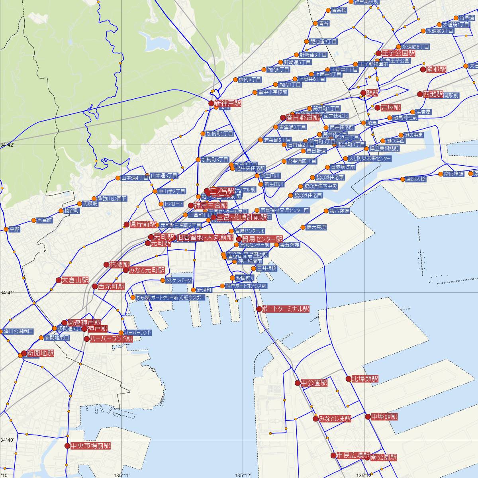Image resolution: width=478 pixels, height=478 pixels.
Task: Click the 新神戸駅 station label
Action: (228, 103)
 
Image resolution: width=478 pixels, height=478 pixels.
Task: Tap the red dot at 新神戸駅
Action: (211, 103)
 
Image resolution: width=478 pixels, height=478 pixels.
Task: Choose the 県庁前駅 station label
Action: (144, 225)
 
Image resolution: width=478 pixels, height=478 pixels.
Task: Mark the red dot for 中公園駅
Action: (298, 383)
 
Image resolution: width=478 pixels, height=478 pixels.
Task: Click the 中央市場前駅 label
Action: (90, 446)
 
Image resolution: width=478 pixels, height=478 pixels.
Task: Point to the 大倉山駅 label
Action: (75, 280)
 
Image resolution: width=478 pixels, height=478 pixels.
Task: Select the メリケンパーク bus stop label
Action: (179, 280)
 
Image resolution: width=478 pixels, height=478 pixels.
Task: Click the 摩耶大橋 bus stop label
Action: (415, 179)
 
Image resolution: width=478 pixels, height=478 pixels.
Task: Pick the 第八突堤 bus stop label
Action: (339, 211)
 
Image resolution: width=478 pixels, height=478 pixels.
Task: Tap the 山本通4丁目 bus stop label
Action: (135, 178)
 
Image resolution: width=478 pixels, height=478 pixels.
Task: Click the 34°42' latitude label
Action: (7, 145)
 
